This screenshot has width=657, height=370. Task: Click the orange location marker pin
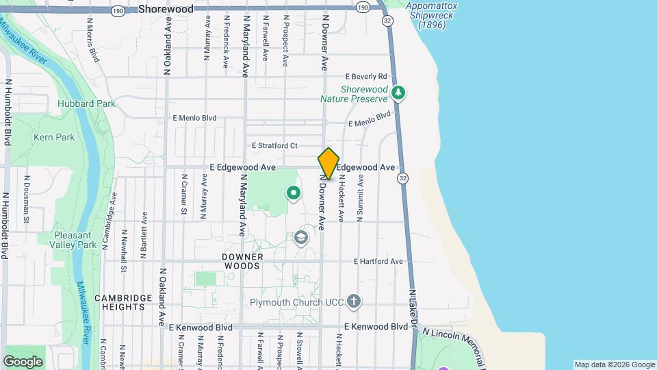[x=328, y=164]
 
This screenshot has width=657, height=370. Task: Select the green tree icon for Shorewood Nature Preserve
[x=399, y=93]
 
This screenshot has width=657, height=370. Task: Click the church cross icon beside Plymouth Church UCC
[x=353, y=301]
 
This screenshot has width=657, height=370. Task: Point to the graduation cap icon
[x=299, y=238]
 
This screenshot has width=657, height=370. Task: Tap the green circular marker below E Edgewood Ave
[x=294, y=193]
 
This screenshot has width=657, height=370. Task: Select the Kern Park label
[x=54, y=138]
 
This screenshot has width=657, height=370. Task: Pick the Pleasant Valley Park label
[x=75, y=240]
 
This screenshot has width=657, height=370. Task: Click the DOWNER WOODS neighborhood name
[x=242, y=261]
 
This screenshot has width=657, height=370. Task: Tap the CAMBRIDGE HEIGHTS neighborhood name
[x=124, y=302]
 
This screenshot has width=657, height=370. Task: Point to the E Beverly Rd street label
[x=366, y=76]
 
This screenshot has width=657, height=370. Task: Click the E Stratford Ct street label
[x=274, y=146]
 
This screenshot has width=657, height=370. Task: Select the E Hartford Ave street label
[x=378, y=262]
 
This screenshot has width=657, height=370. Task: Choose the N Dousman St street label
[x=27, y=199]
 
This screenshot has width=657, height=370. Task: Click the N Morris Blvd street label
[x=92, y=39]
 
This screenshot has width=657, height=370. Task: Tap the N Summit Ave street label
[x=360, y=197]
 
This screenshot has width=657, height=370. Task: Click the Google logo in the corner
[x=23, y=361]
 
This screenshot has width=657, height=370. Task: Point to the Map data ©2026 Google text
[x=614, y=365]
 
